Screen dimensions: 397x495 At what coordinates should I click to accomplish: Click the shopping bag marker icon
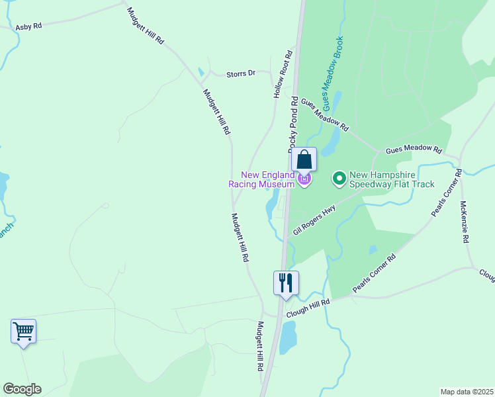(304, 159)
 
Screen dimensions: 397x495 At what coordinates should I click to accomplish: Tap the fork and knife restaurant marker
(286, 283)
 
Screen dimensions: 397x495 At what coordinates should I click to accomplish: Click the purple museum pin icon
(304, 179)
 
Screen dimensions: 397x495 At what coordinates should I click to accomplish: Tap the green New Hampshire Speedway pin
(339, 178)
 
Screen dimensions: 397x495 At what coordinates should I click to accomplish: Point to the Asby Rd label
(28, 26)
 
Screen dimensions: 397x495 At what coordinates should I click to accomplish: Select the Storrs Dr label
(241, 73)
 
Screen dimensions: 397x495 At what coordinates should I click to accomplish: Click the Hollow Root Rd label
(283, 74)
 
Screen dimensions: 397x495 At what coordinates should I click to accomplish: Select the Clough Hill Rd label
(307, 301)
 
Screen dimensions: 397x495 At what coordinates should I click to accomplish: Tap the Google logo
(22, 389)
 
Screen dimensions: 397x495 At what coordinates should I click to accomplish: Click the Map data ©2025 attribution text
(466, 392)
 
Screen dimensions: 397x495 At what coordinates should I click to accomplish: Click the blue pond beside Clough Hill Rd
(288, 337)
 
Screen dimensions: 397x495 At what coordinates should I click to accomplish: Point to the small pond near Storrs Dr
(201, 71)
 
